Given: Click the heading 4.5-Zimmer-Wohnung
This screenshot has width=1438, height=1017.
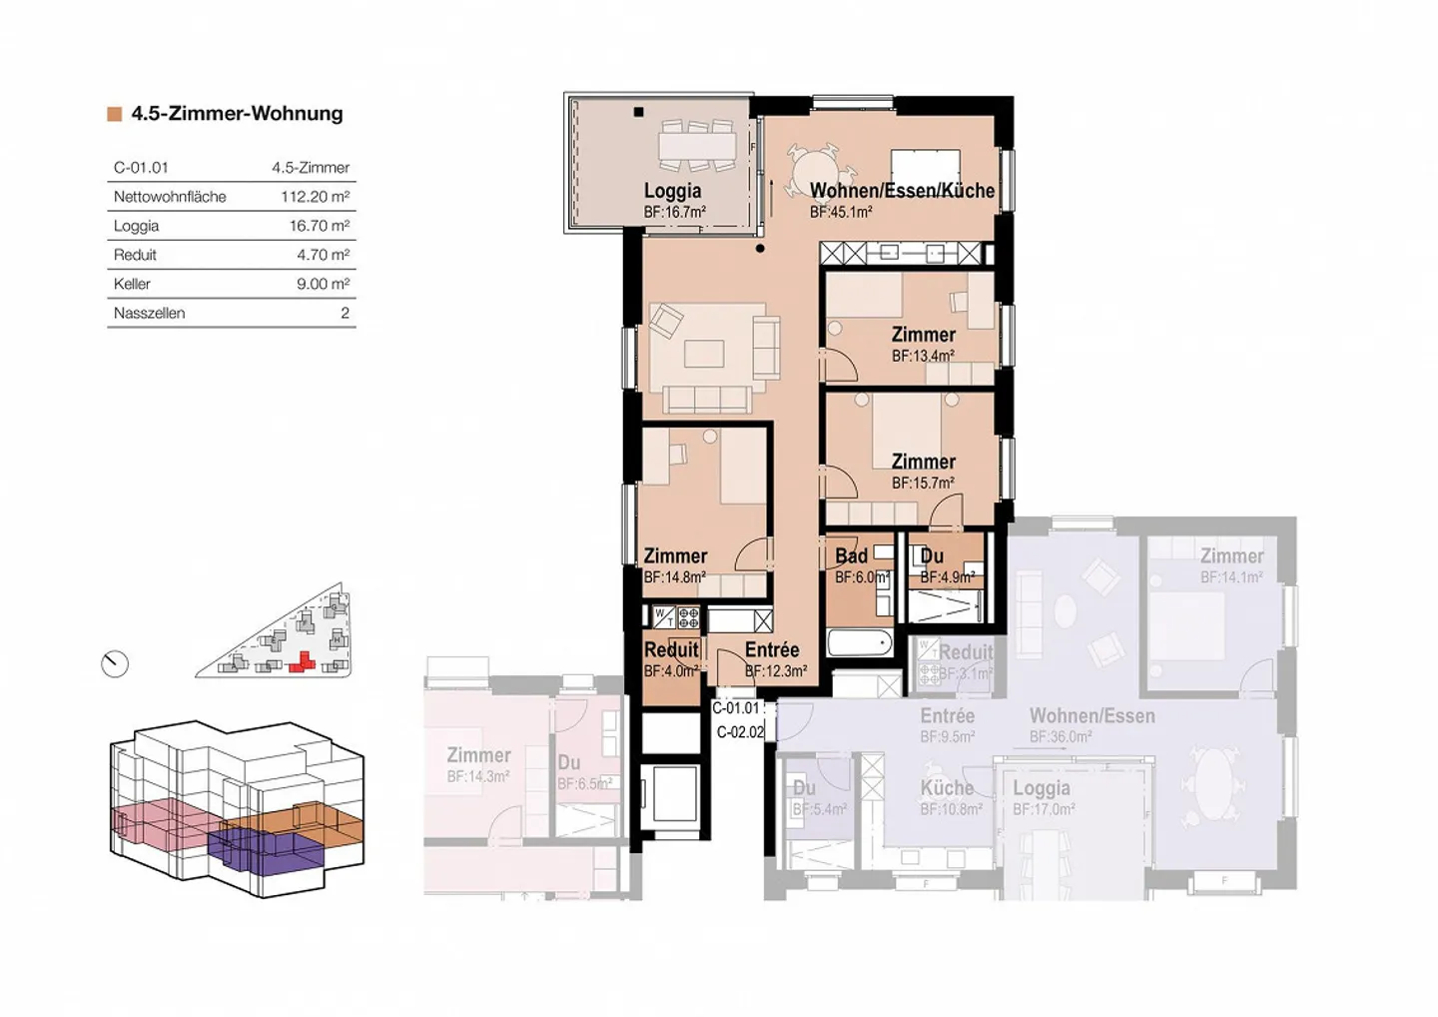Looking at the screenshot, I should tap(237, 114).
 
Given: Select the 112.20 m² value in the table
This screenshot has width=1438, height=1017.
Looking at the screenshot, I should tap(315, 197).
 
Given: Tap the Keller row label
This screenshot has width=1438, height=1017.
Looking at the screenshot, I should tap(132, 284).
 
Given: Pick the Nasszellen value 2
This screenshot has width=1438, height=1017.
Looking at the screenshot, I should tap(345, 313).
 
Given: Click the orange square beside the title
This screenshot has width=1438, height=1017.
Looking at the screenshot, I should tap(115, 115).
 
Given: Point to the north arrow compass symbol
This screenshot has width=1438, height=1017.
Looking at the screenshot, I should tap(115, 663).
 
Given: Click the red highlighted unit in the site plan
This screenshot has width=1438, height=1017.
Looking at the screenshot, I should tap(301, 662).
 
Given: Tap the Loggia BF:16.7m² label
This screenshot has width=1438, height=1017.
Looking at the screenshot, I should tap(673, 200).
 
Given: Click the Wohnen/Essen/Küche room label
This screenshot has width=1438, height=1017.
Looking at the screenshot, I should tap(902, 191).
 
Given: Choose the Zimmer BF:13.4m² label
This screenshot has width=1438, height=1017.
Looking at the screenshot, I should tap(923, 344).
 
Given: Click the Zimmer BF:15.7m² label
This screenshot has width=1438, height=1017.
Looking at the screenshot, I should tap(923, 471).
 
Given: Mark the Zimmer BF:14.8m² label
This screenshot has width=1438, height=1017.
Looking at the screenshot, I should tap(675, 565).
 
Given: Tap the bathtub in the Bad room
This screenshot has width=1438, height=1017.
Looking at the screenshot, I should tap(859, 643).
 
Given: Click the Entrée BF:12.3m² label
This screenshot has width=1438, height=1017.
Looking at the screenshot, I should tap(774, 659).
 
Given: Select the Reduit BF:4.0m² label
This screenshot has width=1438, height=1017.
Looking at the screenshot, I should tap(671, 659).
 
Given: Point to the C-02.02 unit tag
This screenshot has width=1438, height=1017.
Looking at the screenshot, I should tap(740, 732).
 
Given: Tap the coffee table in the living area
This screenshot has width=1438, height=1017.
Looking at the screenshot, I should tap(704, 354).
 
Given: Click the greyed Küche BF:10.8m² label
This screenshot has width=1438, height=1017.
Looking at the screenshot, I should tap(949, 797).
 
